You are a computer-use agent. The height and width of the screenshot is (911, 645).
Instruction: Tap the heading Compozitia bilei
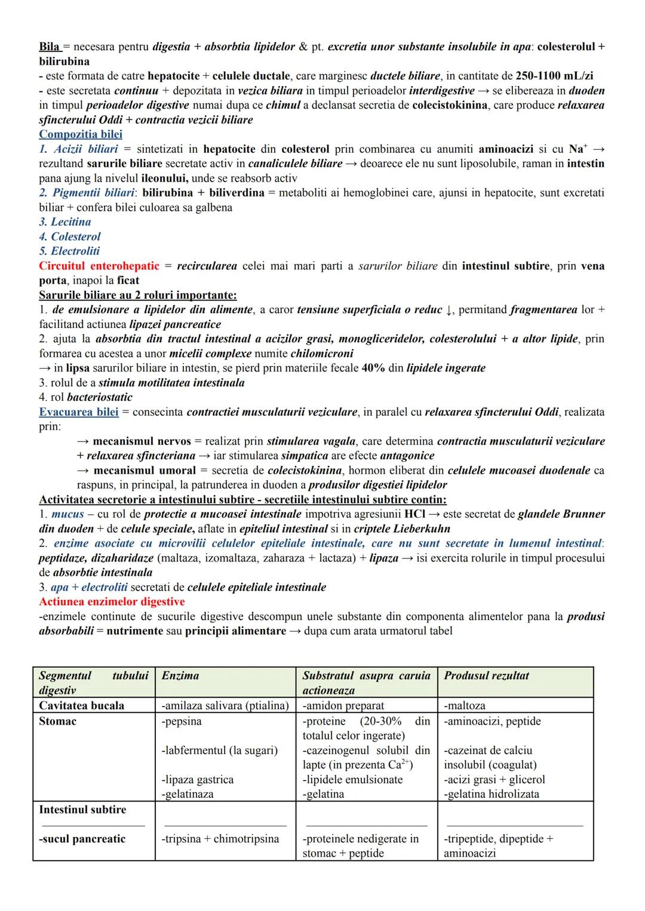click(81, 134)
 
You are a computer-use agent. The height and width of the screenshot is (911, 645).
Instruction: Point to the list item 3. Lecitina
click(65, 222)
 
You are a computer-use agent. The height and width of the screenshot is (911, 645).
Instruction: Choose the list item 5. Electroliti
click(69, 251)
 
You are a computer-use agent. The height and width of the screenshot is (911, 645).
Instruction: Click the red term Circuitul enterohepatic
click(99, 266)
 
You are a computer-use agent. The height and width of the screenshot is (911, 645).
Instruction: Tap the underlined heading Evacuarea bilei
click(79, 412)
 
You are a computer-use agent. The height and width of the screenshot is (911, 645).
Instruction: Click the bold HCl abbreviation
click(414, 514)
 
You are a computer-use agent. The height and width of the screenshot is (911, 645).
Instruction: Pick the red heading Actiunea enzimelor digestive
click(112, 602)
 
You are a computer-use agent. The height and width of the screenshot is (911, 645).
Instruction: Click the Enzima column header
click(180, 676)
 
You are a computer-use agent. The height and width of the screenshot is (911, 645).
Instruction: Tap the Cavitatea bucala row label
click(81, 706)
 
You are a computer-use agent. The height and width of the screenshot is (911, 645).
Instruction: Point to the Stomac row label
click(57, 722)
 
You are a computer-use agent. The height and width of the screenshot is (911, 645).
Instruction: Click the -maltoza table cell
click(465, 706)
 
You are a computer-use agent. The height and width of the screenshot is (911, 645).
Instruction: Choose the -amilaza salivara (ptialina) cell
click(225, 706)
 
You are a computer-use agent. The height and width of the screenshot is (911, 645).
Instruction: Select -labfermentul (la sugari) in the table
click(219, 751)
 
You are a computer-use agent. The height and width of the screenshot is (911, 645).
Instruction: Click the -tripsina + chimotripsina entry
click(220, 839)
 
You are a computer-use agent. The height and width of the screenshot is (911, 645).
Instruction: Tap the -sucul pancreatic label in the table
click(82, 839)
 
